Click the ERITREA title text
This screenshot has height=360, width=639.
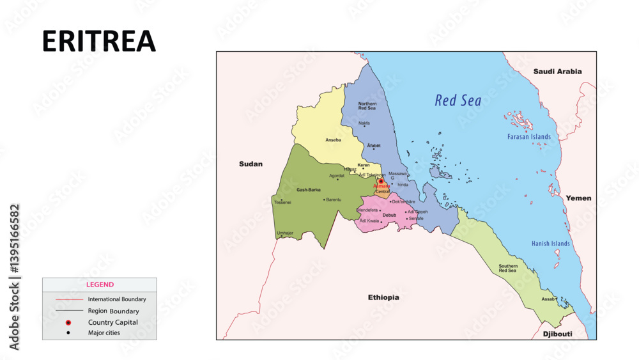(99, 41)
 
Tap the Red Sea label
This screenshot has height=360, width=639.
(458, 100)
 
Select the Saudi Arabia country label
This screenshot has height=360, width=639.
(557, 72)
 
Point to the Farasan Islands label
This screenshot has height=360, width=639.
(528, 137)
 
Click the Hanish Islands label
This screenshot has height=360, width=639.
(550, 244)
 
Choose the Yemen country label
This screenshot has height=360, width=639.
(578, 198)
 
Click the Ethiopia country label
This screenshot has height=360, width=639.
(383, 297)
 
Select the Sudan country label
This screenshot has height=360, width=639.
(250, 164)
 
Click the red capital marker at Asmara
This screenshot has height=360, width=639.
(381, 181)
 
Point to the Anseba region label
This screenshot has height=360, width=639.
(334, 140)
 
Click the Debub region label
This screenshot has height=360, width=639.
(389, 215)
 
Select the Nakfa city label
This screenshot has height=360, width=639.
(364, 123)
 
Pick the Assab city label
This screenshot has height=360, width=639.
(548, 299)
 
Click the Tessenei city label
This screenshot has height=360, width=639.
(282, 202)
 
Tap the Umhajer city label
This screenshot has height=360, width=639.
(285, 233)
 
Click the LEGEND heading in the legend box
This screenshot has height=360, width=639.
(100, 285)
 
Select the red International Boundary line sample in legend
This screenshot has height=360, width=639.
(69, 299)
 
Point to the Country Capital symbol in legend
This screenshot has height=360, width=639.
(68, 322)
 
